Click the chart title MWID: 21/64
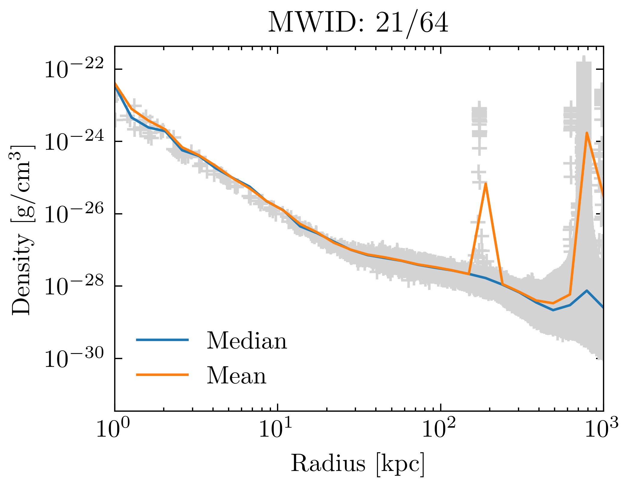[x=358, y=23]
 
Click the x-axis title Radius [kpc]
[x=358, y=463]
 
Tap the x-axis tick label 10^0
[x=113, y=429]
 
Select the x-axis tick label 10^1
[x=276, y=429]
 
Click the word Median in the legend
[x=247, y=340]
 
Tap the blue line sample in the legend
[x=162, y=340]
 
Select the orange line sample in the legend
[x=162, y=375]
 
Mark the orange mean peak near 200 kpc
[x=485, y=184]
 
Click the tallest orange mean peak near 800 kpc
[x=586, y=133]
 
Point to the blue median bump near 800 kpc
[x=587, y=291]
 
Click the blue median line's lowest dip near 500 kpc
[x=553, y=310]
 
